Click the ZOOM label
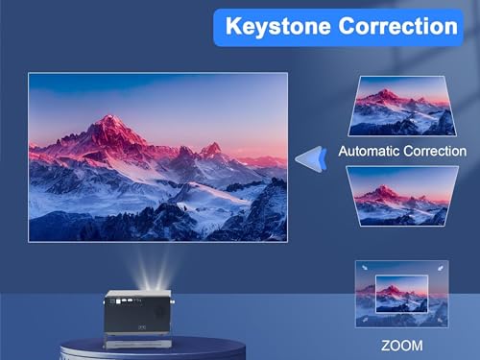click(x=399, y=343)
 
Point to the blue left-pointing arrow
click(x=309, y=158)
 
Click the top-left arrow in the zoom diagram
click(x=363, y=269)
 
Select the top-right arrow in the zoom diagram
click(x=438, y=269)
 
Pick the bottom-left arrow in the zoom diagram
click(x=363, y=320)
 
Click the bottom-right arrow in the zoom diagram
click(x=438, y=320)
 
